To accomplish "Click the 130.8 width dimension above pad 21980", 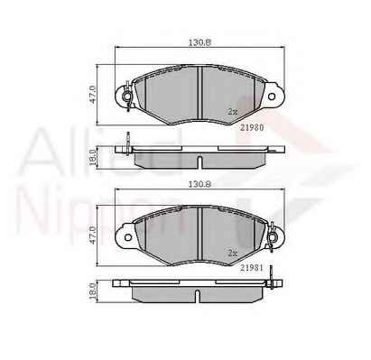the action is (x=199, y=42).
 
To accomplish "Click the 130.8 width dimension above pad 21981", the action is (x=199, y=184).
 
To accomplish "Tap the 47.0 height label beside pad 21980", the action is (x=92, y=95).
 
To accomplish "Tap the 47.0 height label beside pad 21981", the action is (x=92, y=235).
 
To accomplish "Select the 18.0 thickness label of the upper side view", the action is (x=92, y=158).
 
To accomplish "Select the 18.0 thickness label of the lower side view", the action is (x=92, y=291).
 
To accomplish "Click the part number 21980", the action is (x=252, y=127).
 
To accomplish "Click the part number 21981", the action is (x=252, y=268).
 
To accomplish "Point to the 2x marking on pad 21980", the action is (x=233, y=112).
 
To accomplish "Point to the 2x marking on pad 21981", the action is (x=233, y=254).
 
